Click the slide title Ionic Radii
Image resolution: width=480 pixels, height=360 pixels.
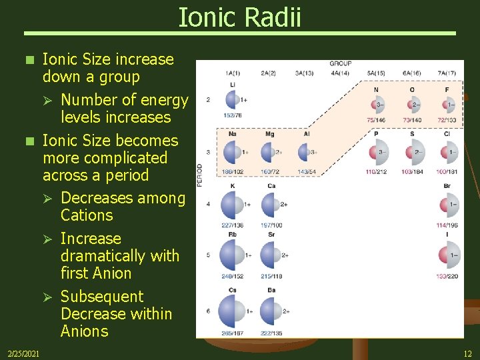[x=239, y=17]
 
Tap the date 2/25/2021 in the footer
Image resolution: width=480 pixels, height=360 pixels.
[x=23, y=352]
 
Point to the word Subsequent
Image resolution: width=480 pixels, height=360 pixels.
[x=102, y=297]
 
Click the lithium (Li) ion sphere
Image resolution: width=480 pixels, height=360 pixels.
[x=233, y=100]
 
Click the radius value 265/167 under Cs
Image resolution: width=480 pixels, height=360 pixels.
[x=233, y=333]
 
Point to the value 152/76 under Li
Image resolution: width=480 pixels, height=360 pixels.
[x=233, y=115]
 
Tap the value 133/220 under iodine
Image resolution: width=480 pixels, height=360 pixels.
[x=447, y=276]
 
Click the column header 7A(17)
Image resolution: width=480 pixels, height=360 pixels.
[x=447, y=73]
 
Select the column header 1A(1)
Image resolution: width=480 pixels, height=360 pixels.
[x=233, y=73]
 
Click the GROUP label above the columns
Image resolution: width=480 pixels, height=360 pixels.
[x=340, y=64]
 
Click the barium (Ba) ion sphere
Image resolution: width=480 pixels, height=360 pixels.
[x=270, y=311]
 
